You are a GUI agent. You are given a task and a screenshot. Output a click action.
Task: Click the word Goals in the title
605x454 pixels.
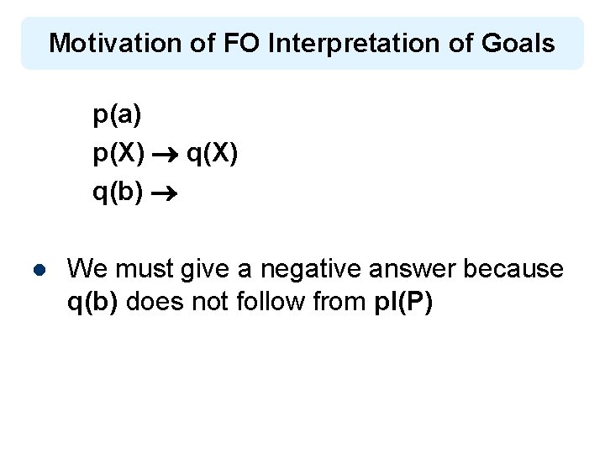click(518, 43)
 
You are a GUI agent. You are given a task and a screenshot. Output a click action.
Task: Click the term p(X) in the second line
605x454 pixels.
click(119, 155)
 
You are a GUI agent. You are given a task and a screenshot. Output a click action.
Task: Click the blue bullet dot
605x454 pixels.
click(39, 271)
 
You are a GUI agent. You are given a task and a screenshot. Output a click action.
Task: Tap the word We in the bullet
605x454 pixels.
click(86, 269)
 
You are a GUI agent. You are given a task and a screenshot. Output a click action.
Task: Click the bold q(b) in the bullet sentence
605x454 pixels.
click(96, 301)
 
